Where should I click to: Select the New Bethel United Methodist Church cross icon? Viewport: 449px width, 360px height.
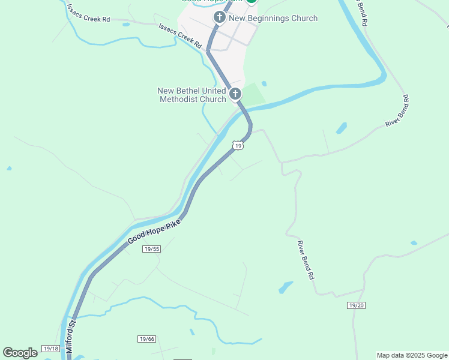click(235, 94)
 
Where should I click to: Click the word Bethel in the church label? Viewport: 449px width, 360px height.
click(190, 91)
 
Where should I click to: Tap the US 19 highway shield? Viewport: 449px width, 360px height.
click(238, 146)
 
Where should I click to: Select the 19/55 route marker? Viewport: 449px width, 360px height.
click(152, 249)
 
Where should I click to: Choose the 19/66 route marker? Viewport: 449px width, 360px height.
click(146, 339)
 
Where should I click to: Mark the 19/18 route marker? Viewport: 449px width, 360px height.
click(51, 349)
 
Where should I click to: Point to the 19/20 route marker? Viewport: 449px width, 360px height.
click(356, 305)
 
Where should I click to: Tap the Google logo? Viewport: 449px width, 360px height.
click(20, 353)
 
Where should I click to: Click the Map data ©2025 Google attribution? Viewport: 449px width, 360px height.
click(412, 355)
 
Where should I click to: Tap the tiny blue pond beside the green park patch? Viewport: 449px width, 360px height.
click(264, 83)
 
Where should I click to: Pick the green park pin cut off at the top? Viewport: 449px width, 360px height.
click(252, 2)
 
